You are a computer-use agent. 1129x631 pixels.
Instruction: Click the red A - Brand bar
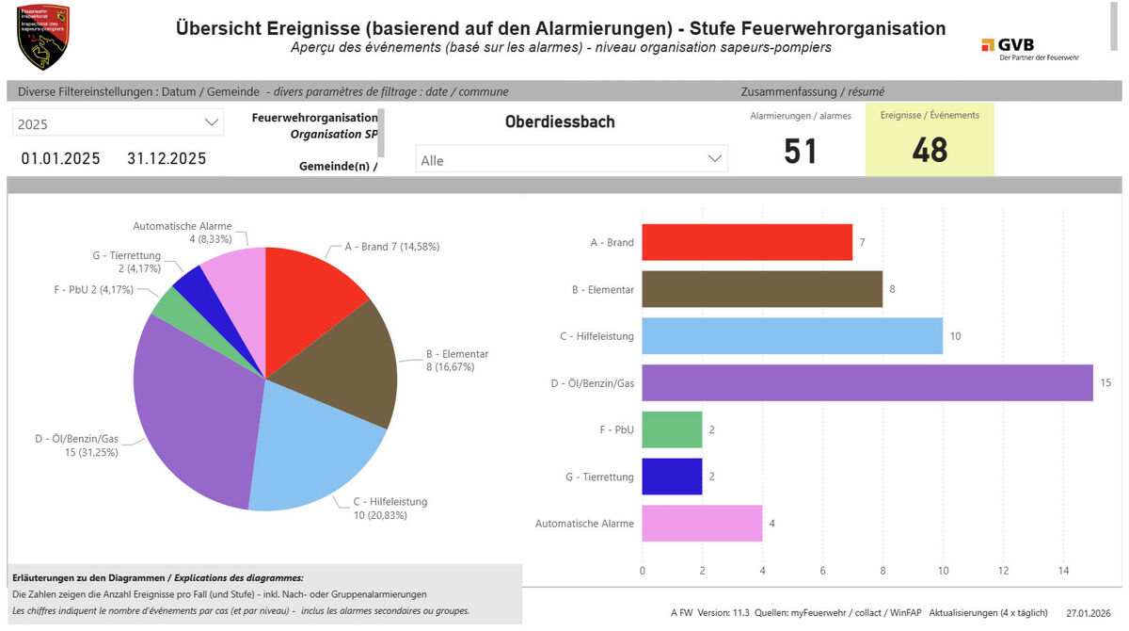coord(747,242)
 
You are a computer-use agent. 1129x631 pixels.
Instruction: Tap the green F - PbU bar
coord(672,429)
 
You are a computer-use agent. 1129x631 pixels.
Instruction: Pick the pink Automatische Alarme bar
coord(702,524)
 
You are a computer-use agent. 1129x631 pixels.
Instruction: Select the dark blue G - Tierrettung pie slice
coord(189,283)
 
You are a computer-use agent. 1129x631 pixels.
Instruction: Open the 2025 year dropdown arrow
coord(211,122)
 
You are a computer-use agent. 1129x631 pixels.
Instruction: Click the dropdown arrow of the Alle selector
coord(715,160)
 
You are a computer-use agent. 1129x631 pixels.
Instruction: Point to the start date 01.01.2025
coord(60,158)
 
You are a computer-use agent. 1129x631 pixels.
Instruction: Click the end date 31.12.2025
coord(167,158)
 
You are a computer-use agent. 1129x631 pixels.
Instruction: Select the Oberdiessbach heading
coord(560,122)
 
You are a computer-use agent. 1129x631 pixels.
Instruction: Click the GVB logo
coord(1030,49)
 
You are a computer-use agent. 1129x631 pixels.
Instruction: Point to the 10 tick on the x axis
coord(943,571)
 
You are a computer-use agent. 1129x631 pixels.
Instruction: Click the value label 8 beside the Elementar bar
coord(892,289)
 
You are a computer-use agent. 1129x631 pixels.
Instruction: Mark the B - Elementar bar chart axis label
coord(603,289)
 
